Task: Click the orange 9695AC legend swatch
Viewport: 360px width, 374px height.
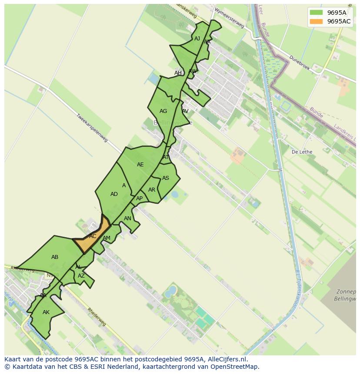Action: [x=317, y=21]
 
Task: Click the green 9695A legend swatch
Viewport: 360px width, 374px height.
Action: [x=317, y=13]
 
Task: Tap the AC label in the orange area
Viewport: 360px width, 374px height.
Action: [x=93, y=236]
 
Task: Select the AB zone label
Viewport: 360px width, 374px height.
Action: [x=55, y=257]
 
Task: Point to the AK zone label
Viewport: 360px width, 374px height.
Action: [x=46, y=312]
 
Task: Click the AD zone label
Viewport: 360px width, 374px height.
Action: [x=114, y=194]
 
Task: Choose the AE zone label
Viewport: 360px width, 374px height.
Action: [x=140, y=165]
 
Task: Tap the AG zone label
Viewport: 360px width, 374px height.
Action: [x=163, y=111]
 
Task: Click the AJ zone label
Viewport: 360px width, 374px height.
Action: [x=197, y=39]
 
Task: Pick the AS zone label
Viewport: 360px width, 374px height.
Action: [x=166, y=178]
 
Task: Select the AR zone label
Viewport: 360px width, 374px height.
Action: [x=151, y=190]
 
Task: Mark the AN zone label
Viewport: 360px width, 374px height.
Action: [x=127, y=218]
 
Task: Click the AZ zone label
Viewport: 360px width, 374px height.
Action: [x=81, y=276]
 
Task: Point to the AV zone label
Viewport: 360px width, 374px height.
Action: [x=185, y=111]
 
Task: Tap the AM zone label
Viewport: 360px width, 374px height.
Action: [x=107, y=238]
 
